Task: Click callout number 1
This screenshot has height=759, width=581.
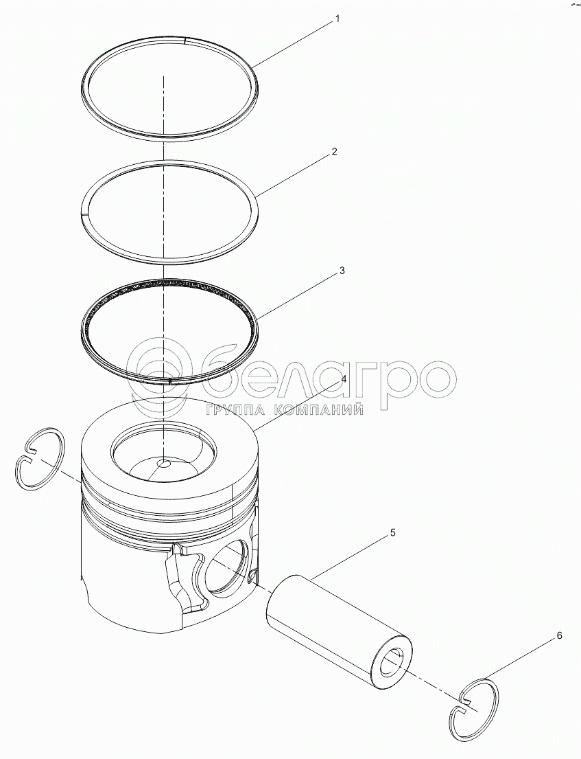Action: point(337,19)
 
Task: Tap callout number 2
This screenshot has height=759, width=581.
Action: point(334,152)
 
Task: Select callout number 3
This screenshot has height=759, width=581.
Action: point(342,271)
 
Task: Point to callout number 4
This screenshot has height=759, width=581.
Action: point(344,379)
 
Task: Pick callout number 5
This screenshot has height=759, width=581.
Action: point(392,532)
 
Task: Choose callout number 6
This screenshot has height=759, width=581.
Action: point(559,635)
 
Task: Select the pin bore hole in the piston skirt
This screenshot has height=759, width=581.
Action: point(227,567)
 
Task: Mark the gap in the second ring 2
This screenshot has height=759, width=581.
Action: point(85,212)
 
